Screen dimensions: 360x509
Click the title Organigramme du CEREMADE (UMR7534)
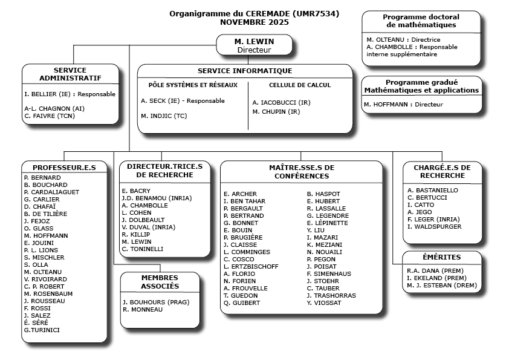[x=254, y=14]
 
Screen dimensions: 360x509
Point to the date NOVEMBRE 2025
[x=254, y=22]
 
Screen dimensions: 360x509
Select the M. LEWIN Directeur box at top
[x=254, y=45]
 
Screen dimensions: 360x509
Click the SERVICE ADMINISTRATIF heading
[x=70, y=74]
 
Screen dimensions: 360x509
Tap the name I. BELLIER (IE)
[x=48, y=94]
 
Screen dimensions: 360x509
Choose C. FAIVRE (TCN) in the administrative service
[x=50, y=115]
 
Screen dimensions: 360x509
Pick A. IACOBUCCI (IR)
[x=281, y=103]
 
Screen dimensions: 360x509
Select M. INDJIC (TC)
[x=164, y=116]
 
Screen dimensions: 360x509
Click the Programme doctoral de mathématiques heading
[x=421, y=21]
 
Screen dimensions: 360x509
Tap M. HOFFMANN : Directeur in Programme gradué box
[x=403, y=105]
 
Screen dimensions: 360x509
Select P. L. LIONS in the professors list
[x=41, y=250]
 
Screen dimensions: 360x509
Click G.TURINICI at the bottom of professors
[x=42, y=330]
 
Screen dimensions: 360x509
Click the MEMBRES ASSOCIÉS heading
[x=160, y=281]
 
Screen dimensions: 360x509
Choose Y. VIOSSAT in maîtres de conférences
[x=324, y=303]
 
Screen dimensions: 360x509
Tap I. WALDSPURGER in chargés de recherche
[x=434, y=227]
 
